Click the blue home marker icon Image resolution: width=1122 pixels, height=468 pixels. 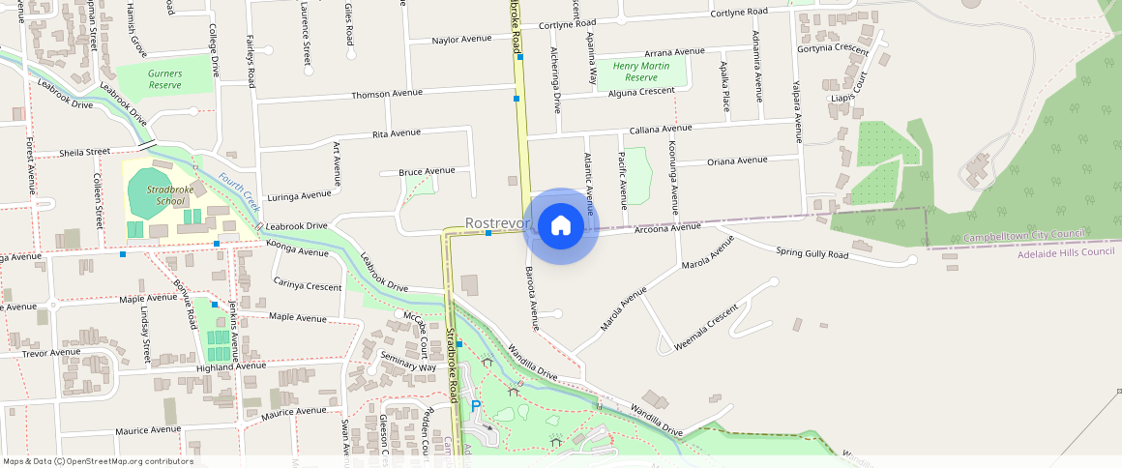coord(560,226)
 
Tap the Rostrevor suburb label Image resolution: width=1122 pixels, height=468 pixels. coord(498,222)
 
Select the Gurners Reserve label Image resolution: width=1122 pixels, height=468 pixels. coord(165,79)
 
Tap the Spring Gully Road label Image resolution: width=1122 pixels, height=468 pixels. coord(812,253)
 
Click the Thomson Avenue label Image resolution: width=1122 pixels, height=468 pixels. coord(387,94)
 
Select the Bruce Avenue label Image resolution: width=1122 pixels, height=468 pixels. coord(427,171)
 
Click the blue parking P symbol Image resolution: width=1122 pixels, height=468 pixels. coord(475,406)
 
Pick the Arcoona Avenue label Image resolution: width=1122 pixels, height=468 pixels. coord(667,228)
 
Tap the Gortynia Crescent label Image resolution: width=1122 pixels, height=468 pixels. coord(833,48)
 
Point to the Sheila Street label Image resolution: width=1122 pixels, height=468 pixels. coord(85,152)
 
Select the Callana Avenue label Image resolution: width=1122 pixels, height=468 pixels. coord(661,128)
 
